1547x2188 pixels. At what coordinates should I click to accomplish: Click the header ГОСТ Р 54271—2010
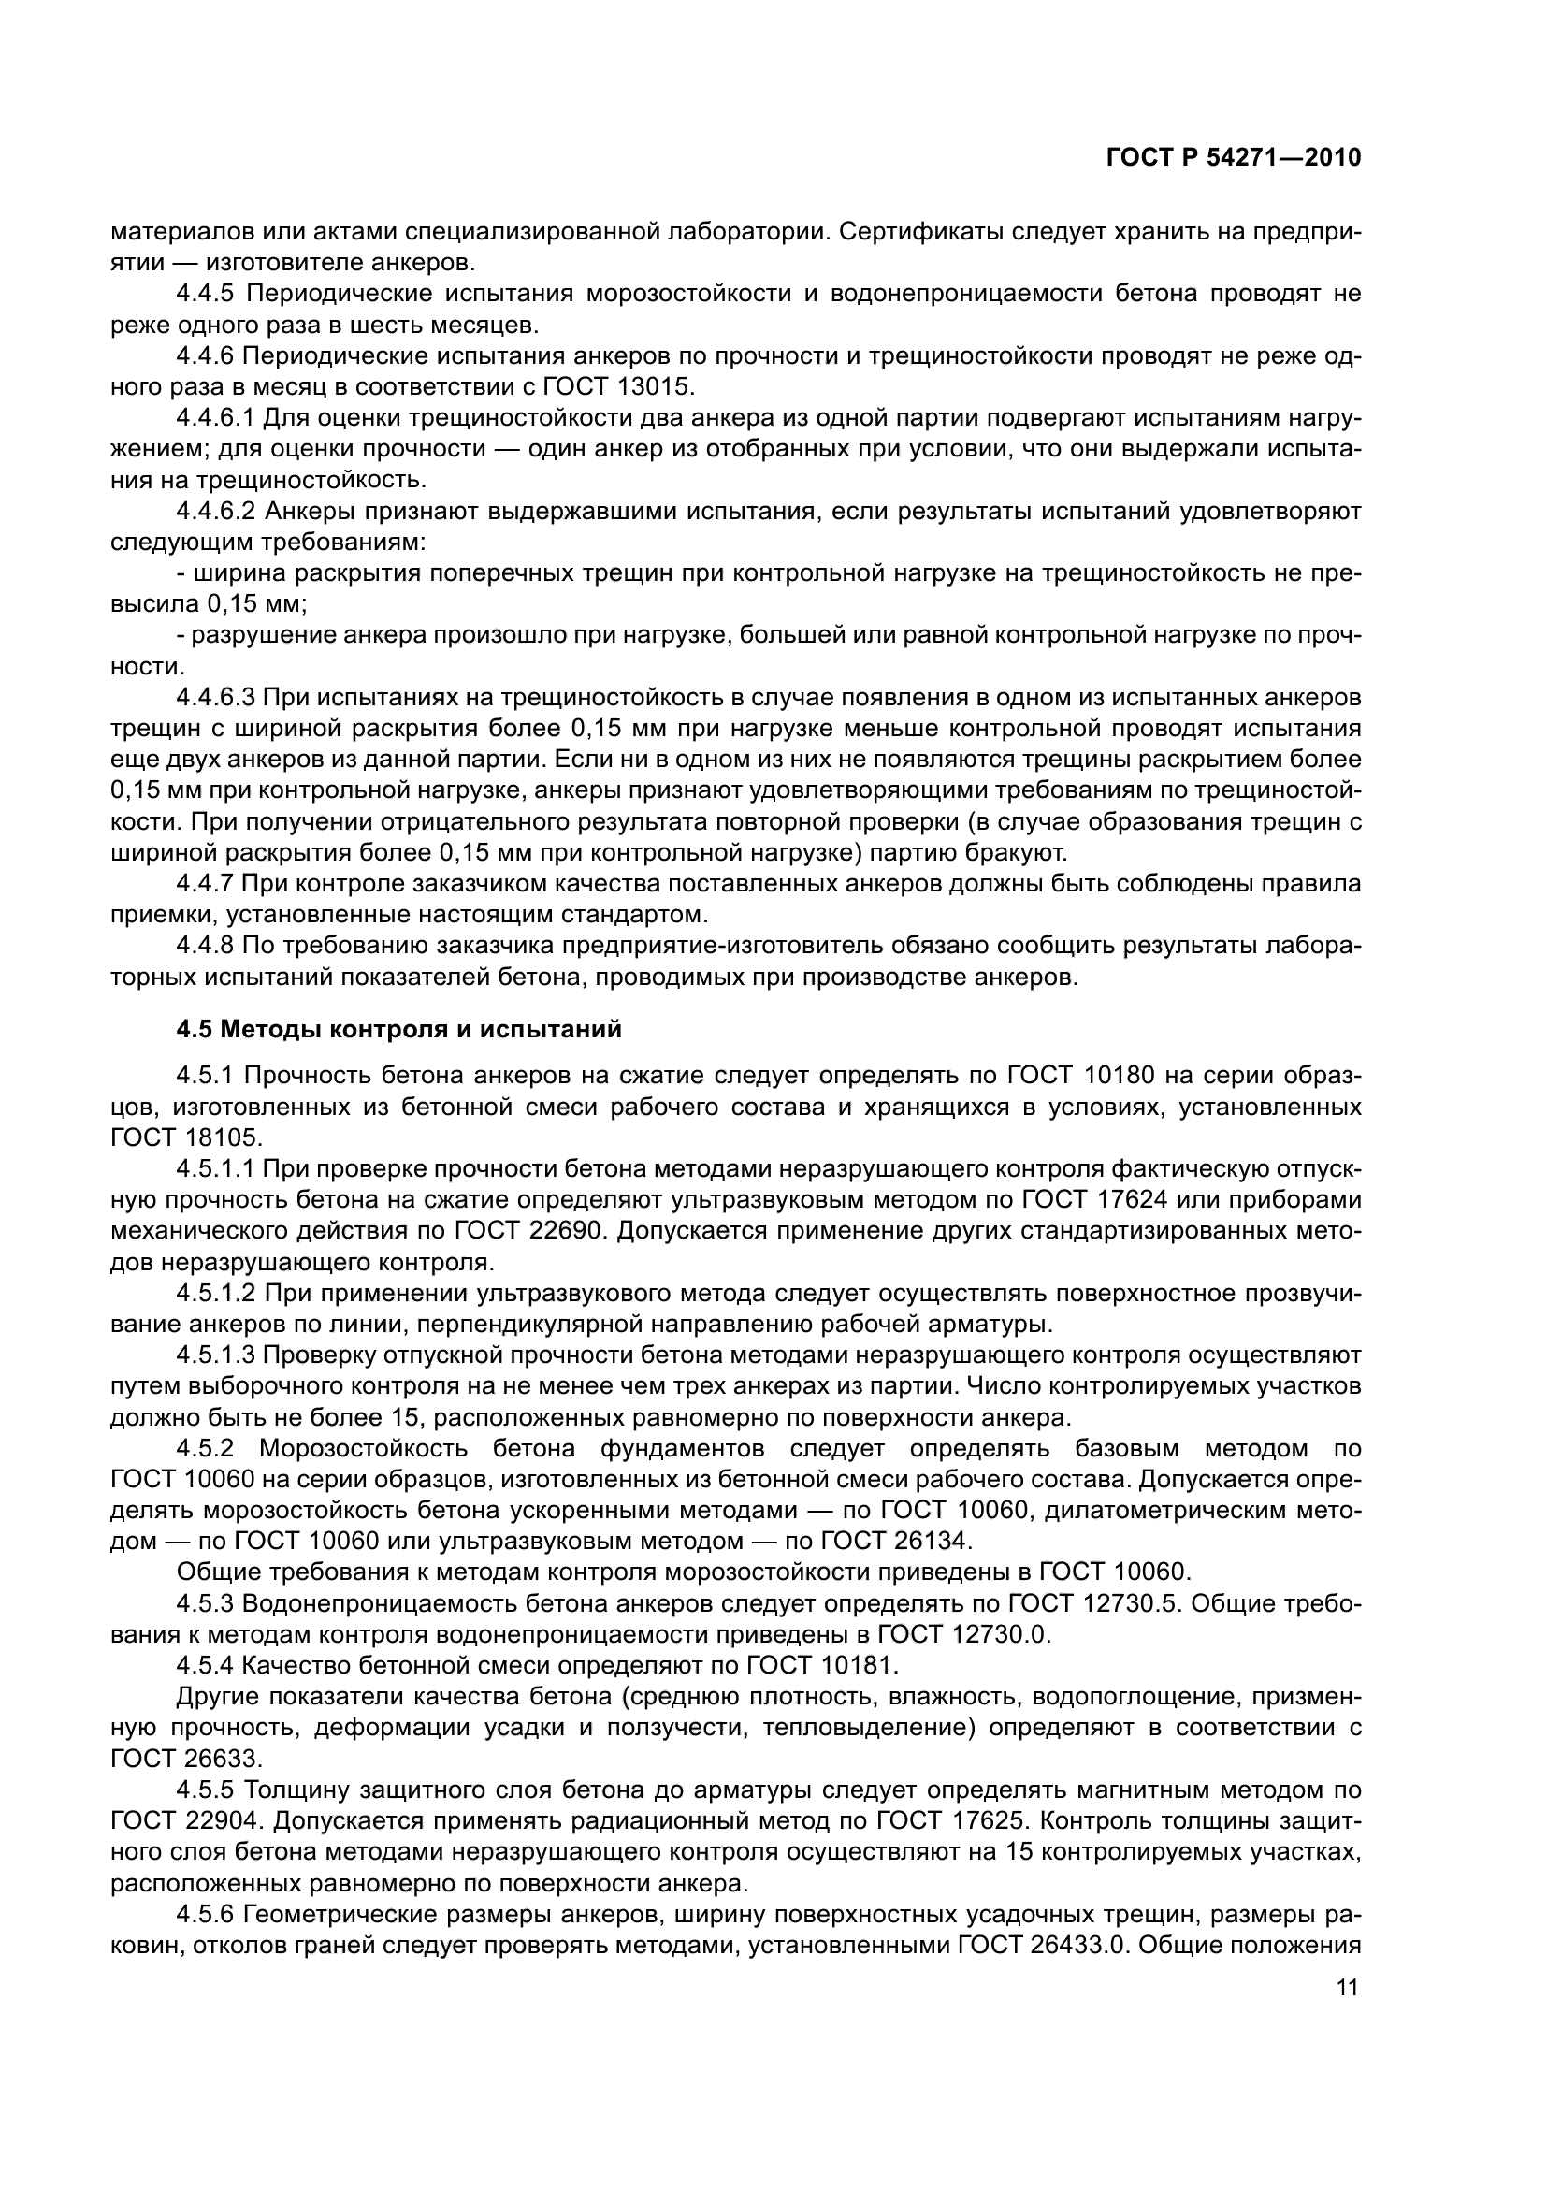click(x=1234, y=158)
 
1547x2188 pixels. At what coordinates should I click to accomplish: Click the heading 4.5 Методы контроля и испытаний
click(x=399, y=1029)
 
